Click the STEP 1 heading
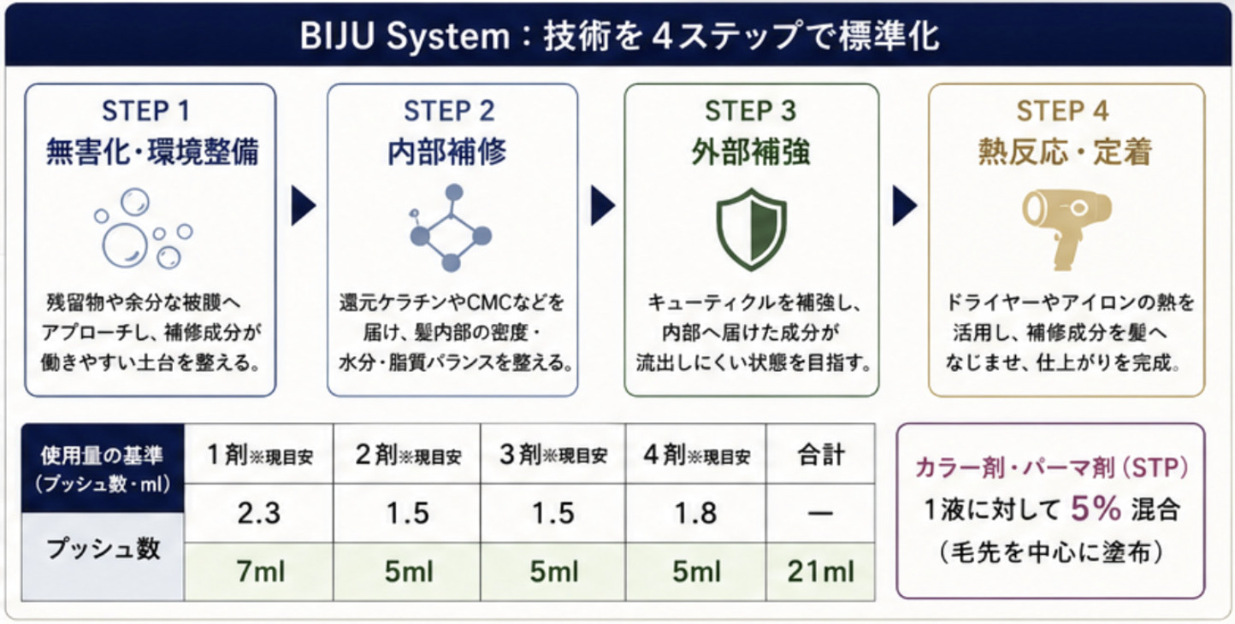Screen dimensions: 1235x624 [146, 111]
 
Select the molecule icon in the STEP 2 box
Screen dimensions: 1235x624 [451, 227]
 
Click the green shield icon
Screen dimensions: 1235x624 [751, 229]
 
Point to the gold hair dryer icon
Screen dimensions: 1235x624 [1067, 229]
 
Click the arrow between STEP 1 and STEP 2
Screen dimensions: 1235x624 [304, 206]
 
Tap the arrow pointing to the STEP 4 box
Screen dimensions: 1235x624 [904, 206]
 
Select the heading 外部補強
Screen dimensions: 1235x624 [751, 151]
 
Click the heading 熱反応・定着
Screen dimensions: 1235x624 [1065, 151]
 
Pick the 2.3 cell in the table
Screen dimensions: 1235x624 [259, 513]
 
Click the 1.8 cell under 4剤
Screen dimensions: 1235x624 [696, 513]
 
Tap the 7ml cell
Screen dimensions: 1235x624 [259, 572]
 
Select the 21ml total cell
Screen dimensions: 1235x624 [820, 572]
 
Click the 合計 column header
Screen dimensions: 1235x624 [820, 455]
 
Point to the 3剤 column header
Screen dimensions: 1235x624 [553, 455]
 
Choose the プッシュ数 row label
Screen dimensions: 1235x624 [103, 549]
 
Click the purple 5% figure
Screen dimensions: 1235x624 [1096, 508]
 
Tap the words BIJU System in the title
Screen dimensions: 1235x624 [405, 37]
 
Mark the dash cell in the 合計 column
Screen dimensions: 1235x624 [820, 513]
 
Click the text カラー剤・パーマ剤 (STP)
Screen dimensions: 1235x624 [1051, 468]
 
